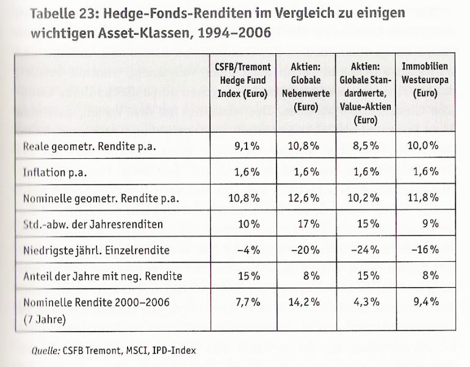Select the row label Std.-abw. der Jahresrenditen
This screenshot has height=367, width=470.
[93, 224]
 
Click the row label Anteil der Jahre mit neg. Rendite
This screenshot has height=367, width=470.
[103, 276]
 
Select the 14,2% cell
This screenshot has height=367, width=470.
[306, 302]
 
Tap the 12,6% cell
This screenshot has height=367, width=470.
[306, 198]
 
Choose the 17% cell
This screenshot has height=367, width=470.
[309, 224]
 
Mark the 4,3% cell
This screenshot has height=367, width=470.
[368, 302]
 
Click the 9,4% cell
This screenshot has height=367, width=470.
[426, 302]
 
